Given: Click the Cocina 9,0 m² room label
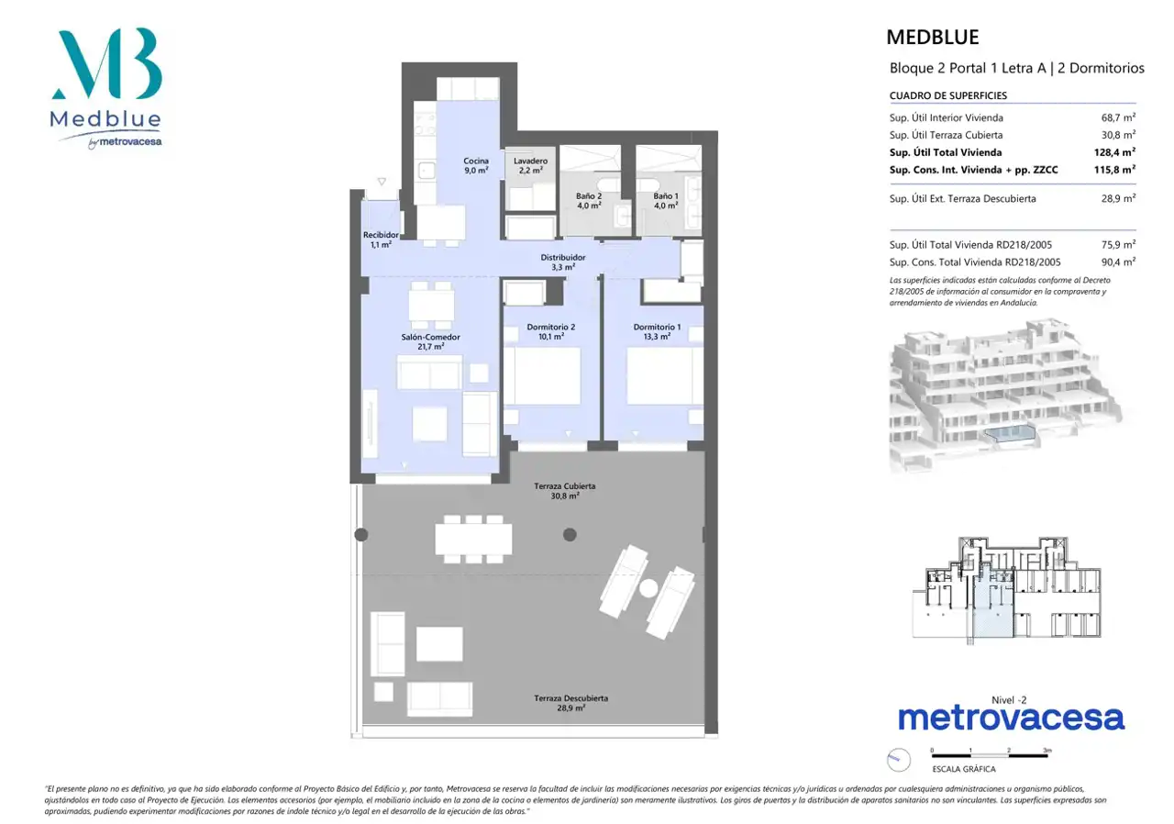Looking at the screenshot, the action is (x=476, y=166).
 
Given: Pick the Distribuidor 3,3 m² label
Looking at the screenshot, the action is (x=563, y=262).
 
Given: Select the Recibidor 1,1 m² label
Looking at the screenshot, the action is (x=381, y=239).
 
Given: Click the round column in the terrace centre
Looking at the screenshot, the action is (x=570, y=535).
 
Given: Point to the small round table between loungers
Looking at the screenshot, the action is (x=648, y=588).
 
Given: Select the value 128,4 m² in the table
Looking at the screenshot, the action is (x=1114, y=152).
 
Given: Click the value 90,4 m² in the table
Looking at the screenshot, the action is (x=1118, y=262).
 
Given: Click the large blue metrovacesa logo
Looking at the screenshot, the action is (x=1011, y=718).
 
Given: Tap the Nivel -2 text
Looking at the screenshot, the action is (x=1009, y=700).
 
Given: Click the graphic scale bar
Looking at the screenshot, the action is (x=990, y=755).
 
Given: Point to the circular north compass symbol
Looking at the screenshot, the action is (x=898, y=760).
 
